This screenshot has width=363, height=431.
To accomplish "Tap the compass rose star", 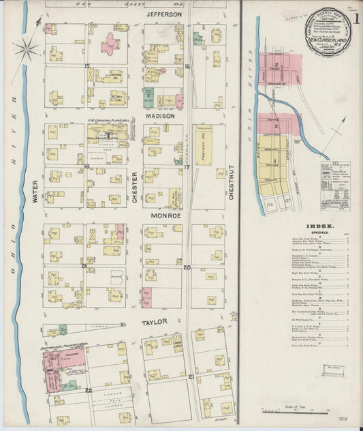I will pyautogui.click(x=27, y=48).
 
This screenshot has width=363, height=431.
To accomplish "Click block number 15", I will pyautogui.click(x=86, y=65).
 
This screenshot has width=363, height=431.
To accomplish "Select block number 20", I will pyautogui.click(x=186, y=267).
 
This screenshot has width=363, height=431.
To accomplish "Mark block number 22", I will pyautogui.click(x=89, y=389).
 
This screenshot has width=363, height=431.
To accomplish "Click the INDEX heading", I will pyautogui.click(x=320, y=226).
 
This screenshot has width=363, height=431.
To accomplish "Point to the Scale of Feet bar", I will pyautogui.click(x=299, y=410).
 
